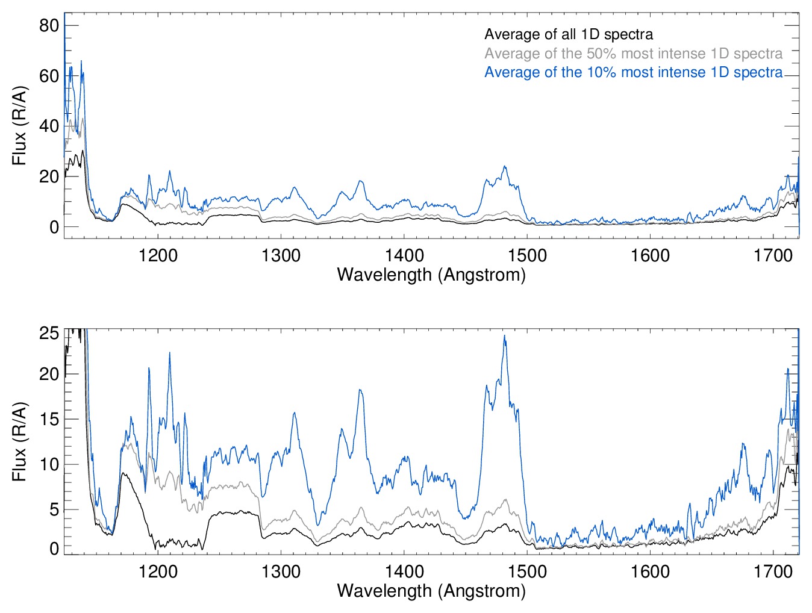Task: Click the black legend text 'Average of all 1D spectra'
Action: coord(568,35)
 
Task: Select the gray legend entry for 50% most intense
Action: coord(633,54)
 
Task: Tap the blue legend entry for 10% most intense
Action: coord(633,72)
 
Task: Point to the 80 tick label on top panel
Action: coord(49,25)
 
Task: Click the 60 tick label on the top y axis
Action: coord(49,76)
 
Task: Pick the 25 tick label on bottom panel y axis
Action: coord(49,334)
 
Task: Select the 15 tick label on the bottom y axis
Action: coord(49,419)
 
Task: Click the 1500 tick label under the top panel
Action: coord(527,255)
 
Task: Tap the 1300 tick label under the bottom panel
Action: coord(281,571)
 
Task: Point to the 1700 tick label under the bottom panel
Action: coord(773,571)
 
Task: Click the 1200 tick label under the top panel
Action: coord(158,255)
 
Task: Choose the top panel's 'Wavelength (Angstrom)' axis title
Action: coord(431,275)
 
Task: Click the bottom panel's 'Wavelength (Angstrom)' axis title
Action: coord(431,591)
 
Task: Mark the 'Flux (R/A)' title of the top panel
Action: coord(19,126)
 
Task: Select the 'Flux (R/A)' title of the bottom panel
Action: coord(19,441)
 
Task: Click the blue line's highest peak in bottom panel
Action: coord(505,336)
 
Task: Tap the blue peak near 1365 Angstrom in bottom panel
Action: coord(360,390)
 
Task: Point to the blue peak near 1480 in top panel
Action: coord(505,167)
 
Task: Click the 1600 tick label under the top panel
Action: coord(650,255)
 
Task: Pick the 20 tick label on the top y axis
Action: coord(49,176)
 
